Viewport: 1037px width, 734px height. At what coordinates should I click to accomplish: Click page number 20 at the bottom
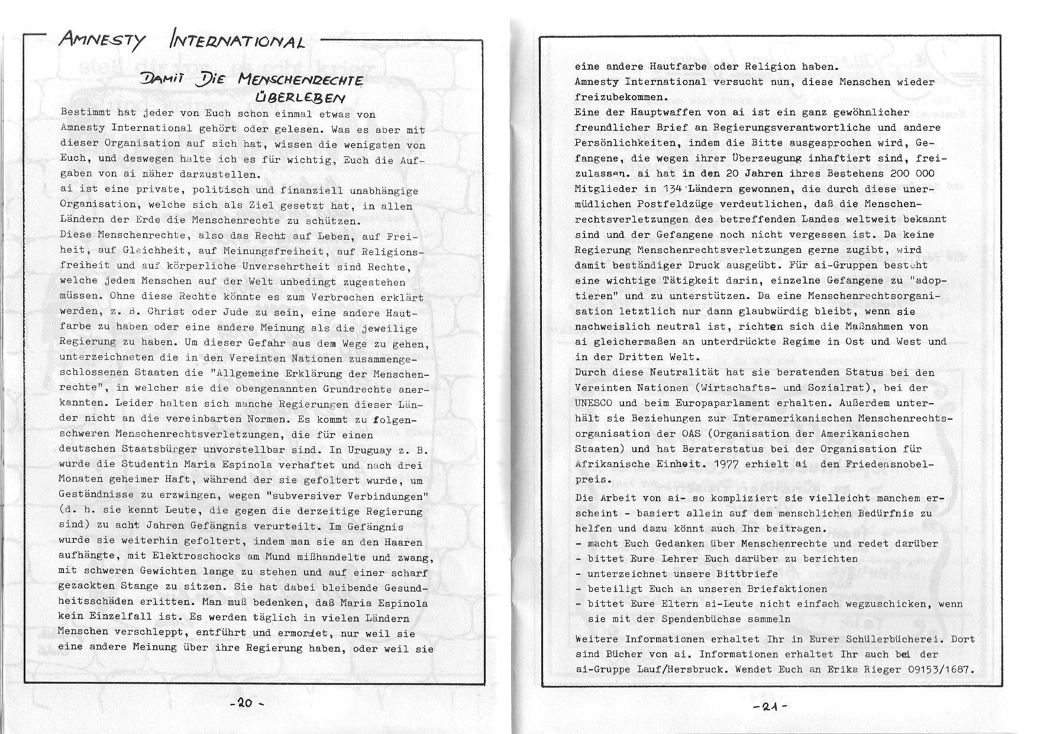click(x=245, y=703)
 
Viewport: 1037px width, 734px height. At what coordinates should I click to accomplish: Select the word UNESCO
click(x=594, y=403)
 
